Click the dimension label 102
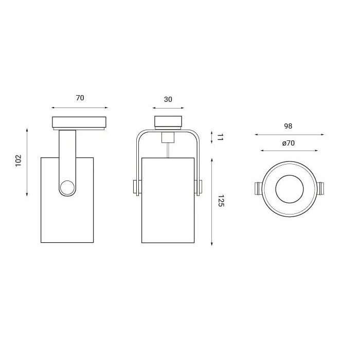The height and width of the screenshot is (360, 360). (19, 160)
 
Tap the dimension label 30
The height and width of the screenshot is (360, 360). (168, 99)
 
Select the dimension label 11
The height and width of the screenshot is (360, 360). (220, 137)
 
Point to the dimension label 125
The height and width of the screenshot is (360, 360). (221, 201)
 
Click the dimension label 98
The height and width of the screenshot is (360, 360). (288, 126)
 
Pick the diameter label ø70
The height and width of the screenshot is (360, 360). (289, 143)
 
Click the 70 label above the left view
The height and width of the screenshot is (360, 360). (80, 98)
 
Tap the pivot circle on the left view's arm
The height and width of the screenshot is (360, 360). (67, 188)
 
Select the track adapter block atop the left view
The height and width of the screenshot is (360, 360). (79, 122)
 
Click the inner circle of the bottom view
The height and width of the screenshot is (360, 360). (290, 189)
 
